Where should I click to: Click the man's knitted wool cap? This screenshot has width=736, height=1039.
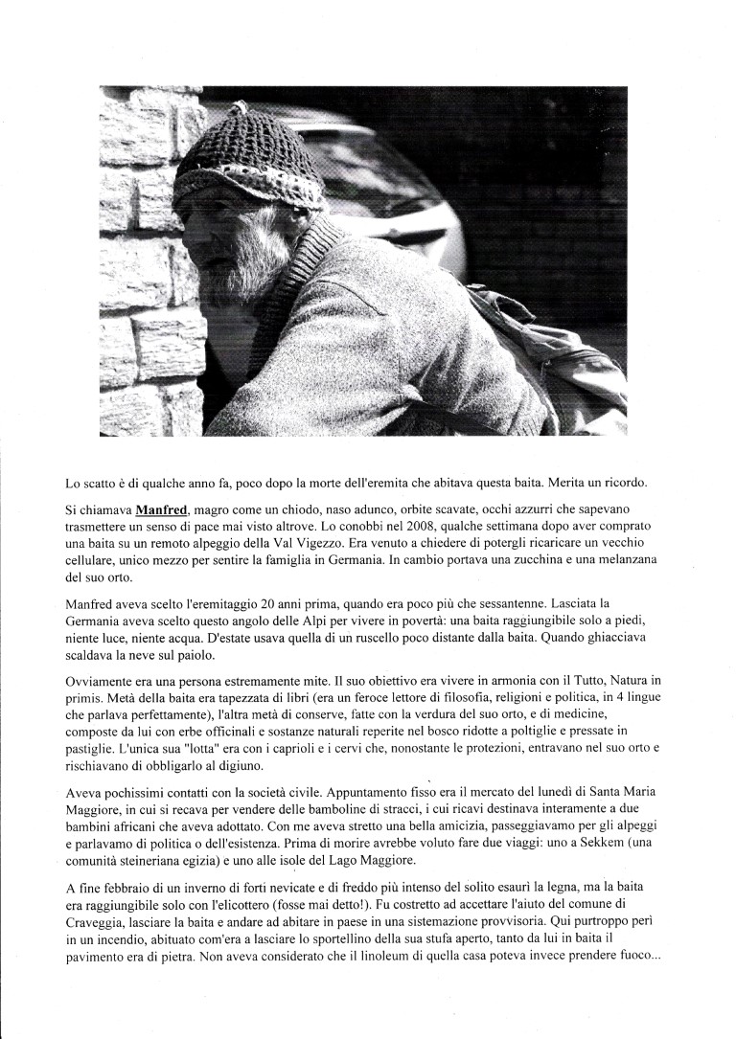pyautogui.click(x=244, y=158)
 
